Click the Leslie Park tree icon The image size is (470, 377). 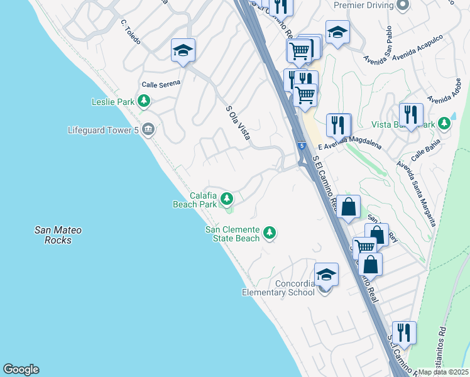click(145, 101)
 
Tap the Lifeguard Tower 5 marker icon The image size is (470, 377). click(148, 130)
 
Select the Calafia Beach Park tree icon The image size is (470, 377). click(226, 200)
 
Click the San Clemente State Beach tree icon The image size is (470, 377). click(270, 234)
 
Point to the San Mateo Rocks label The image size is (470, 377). click(58, 235)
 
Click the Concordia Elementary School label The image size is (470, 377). click(278, 287)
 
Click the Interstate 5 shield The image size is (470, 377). click(302, 146)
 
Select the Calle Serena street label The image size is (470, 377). click(161, 84)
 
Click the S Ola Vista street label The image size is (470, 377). click(238, 122)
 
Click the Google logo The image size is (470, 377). click(21, 369)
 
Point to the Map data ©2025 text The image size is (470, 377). click(444, 372)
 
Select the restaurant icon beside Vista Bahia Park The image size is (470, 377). click(411, 114)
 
